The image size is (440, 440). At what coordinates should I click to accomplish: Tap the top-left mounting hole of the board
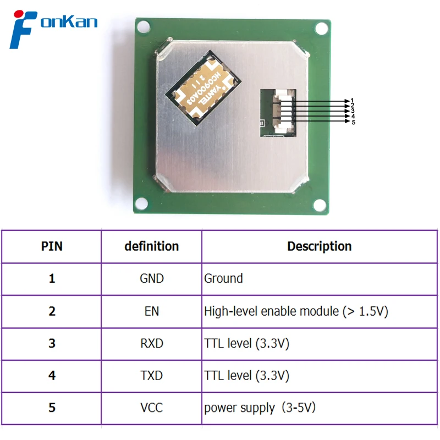[142, 26]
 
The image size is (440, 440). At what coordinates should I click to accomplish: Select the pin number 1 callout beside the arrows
[352, 100]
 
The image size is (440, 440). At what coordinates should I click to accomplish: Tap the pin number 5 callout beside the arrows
[353, 122]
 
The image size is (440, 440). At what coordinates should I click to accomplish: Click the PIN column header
[52, 246]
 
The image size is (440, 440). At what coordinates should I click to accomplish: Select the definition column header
[151, 246]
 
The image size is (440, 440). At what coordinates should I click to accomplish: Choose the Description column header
[319, 246]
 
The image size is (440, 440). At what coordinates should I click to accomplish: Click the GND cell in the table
[151, 279]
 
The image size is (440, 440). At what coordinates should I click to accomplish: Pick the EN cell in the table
[151, 311]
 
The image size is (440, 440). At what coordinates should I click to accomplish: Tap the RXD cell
[151, 344]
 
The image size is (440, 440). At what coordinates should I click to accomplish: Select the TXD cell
[151, 376]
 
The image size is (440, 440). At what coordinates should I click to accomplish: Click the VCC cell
[151, 408]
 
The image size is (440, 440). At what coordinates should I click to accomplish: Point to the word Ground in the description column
[223, 279]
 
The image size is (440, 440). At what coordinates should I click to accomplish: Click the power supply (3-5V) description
[260, 408]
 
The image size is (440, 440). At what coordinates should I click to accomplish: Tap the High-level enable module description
[296, 311]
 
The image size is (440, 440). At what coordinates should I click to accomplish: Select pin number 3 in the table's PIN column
[52, 344]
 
